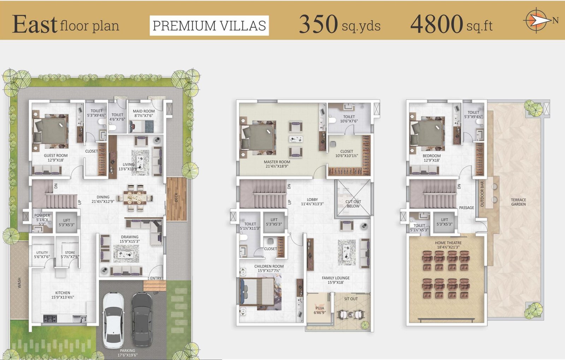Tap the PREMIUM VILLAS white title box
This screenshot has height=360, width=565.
(x=209, y=25)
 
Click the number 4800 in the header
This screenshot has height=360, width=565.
(x=436, y=24)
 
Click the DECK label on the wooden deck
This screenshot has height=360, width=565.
(x=176, y=197)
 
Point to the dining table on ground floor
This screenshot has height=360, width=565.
(x=135, y=197)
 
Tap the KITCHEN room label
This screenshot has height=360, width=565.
(x=63, y=293)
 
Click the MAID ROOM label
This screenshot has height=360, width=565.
(x=144, y=111)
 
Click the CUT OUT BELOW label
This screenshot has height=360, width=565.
(x=353, y=204)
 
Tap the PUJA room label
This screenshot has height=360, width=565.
(x=320, y=308)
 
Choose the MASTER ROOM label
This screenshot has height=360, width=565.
(x=277, y=162)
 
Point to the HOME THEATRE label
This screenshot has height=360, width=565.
(x=448, y=243)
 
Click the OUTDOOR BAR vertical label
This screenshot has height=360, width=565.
(x=482, y=194)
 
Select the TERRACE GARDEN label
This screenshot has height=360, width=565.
(x=518, y=202)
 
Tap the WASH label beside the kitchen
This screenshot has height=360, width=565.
(x=19, y=283)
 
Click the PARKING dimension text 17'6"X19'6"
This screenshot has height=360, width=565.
(x=127, y=355)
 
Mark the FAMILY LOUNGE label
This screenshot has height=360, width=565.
(x=336, y=278)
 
